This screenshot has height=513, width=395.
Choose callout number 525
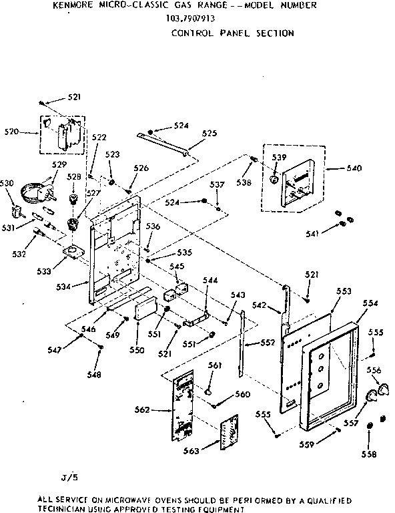click(x=209, y=134)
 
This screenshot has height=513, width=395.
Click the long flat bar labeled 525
click(x=163, y=143)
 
